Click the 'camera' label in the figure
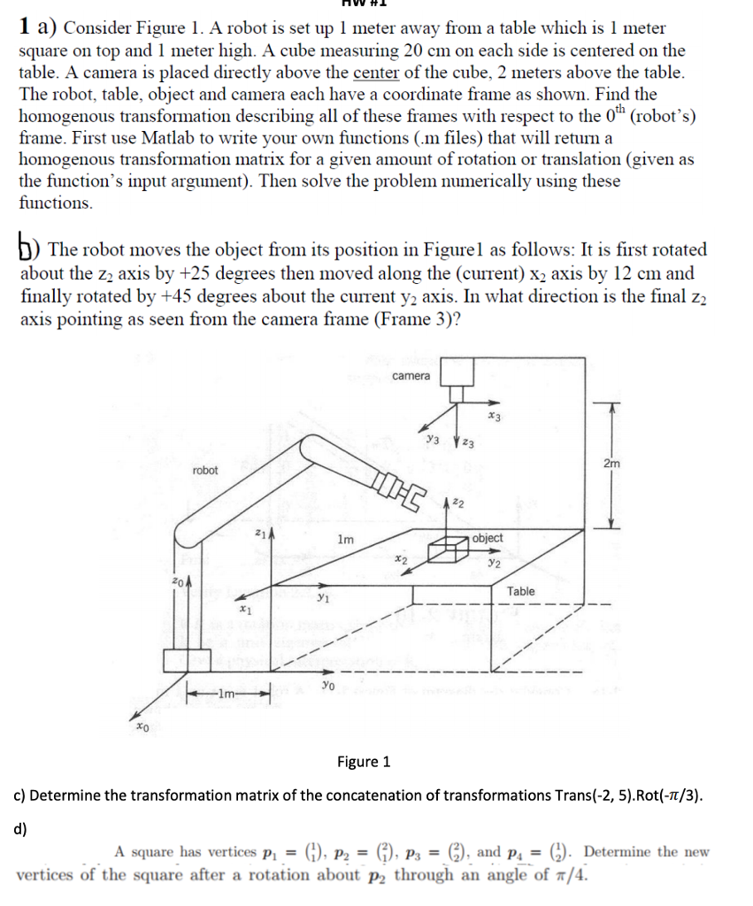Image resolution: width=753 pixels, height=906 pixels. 411,376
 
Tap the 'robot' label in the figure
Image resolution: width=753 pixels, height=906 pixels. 204,471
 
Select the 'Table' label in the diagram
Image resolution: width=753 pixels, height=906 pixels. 520,591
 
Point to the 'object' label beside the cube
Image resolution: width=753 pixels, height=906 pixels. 488,538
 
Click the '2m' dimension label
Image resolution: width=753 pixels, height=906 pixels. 611,464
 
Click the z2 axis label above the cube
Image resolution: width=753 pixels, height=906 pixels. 457,503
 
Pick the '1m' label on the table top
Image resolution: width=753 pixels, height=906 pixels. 346,539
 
